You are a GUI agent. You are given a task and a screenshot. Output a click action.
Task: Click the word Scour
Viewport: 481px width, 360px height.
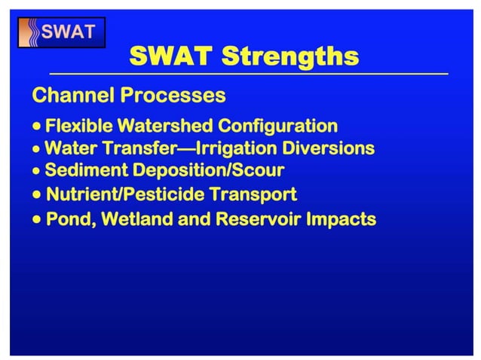257,170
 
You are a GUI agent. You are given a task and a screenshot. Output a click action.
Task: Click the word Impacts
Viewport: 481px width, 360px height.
341,220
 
